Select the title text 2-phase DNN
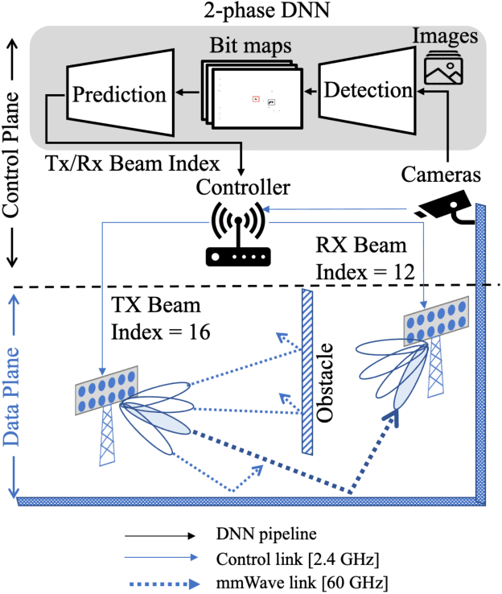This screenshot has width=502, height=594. pos(255,11)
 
